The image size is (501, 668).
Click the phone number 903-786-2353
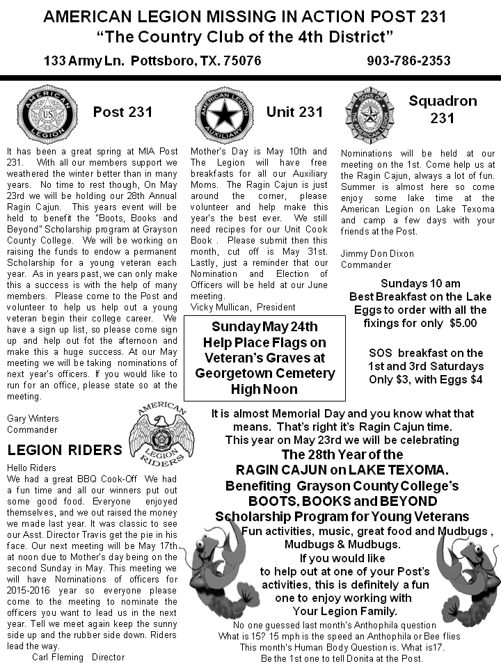point(408,61)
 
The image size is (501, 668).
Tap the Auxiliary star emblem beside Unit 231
point(221,113)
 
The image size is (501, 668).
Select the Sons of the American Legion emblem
point(369,113)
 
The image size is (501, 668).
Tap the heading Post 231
point(122,112)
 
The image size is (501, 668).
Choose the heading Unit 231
point(294,112)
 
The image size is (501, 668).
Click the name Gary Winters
point(33,418)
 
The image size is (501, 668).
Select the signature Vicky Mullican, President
point(243,307)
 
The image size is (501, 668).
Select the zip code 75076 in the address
point(239,61)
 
